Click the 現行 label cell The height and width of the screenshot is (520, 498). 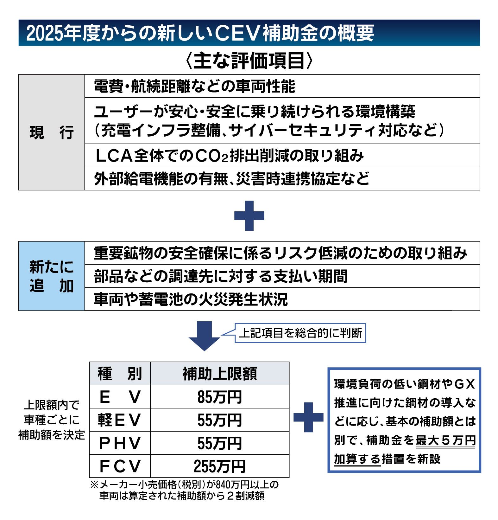[52, 132]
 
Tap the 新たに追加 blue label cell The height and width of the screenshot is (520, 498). [52, 276]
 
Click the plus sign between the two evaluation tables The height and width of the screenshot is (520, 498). [249, 215]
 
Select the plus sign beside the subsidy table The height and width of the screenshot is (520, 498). [308, 417]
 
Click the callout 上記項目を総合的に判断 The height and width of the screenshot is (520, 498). [300, 333]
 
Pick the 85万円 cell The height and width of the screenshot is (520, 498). [219, 397]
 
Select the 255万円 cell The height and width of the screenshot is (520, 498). [219, 466]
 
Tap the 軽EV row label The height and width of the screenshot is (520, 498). [120, 420]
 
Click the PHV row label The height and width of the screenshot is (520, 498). [120, 443]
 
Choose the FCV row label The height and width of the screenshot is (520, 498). [120, 466]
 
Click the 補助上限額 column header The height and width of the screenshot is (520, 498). [219, 374]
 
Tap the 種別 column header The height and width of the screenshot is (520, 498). [120, 374]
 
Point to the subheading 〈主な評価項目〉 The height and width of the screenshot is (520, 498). [249, 60]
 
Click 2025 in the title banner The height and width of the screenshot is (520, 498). [44, 33]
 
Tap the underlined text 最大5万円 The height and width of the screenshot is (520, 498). [445, 440]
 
